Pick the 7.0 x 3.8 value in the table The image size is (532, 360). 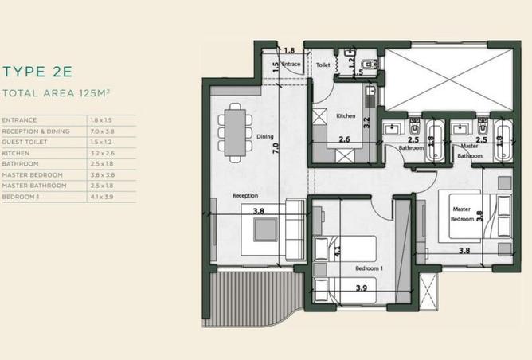[x=101, y=131]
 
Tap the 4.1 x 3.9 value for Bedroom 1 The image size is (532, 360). [x=101, y=196]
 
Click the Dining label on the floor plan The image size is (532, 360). [x=264, y=136]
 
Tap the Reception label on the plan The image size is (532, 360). [x=244, y=194]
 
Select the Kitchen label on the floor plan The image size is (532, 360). [x=346, y=116]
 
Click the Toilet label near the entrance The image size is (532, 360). [x=323, y=65]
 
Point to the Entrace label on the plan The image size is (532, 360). [x=291, y=64]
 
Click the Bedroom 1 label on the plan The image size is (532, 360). [x=369, y=268]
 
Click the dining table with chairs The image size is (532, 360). [x=235, y=134]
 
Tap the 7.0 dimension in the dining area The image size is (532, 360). [x=276, y=147]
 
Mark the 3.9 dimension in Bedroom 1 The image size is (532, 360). [x=361, y=287]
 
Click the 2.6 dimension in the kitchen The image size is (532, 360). [x=344, y=139]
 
